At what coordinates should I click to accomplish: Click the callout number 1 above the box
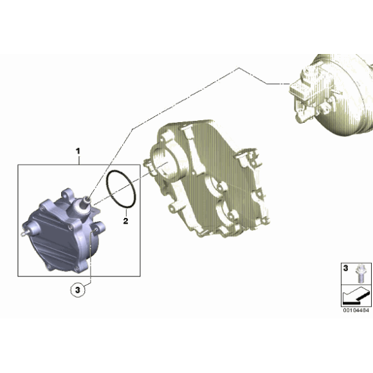pyautogui.click(x=78, y=151)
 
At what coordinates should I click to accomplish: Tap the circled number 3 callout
pyautogui.click(x=78, y=291)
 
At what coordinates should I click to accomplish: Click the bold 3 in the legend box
pyautogui.click(x=345, y=266)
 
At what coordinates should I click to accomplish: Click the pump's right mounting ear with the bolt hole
pyautogui.click(x=98, y=228)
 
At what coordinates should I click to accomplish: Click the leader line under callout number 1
pyautogui.click(x=78, y=160)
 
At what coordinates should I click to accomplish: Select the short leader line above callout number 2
pyautogui.click(x=123, y=212)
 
